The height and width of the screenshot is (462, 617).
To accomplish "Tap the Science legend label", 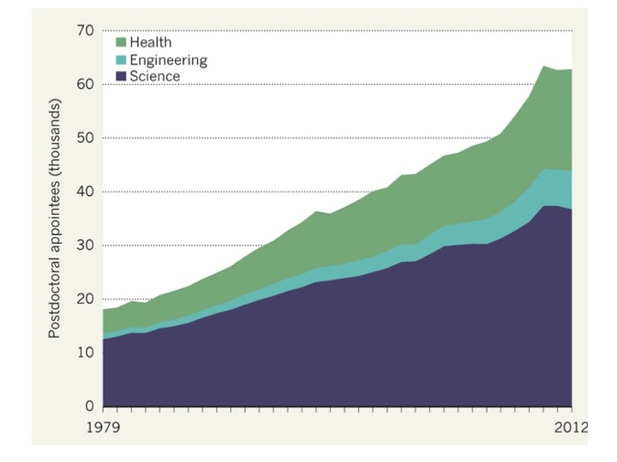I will click(x=157, y=77).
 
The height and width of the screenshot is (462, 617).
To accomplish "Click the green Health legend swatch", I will click(x=121, y=43).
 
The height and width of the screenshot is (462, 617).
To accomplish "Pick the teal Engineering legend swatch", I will click(x=121, y=60).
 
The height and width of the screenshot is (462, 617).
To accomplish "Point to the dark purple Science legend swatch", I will click(x=121, y=77).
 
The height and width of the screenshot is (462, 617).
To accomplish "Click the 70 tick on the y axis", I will click(x=85, y=31).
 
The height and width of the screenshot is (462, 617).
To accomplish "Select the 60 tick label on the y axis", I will click(x=85, y=84).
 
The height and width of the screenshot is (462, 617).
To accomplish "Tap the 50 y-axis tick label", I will click(x=85, y=138).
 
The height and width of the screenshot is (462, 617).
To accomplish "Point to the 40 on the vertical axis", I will click(x=85, y=192).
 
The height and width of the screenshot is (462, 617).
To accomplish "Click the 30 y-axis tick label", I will click(x=85, y=246).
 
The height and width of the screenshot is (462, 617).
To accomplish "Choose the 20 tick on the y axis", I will click(x=85, y=299).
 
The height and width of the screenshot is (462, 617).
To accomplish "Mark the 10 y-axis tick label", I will click(x=85, y=352).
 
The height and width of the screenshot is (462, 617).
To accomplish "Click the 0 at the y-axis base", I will click(x=88, y=406).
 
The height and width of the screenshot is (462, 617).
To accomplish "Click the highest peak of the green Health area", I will click(x=544, y=67).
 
